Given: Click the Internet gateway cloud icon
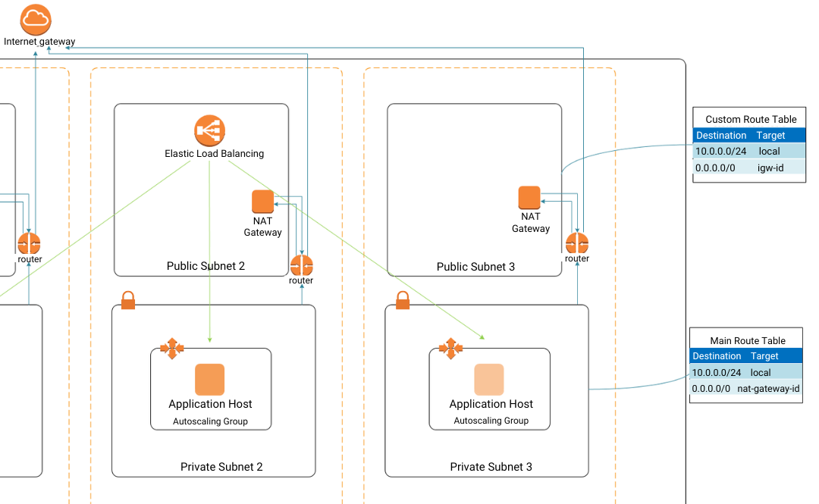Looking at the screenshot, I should pyautogui.click(x=36, y=19).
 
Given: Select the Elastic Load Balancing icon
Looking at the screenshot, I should pyautogui.click(x=209, y=130).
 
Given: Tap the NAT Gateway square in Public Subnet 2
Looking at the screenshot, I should pyautogui.click(x=262, y=202).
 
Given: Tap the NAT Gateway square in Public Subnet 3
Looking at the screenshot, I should pyautogui.click(x=529, y=198).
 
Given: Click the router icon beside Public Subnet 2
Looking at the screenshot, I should pyautogui.click(x=301, y=266).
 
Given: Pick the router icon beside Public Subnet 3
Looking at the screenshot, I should pyautogui.click(x=577, y=244).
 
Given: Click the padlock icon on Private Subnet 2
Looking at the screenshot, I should pyautogui.click(x=128, y=300).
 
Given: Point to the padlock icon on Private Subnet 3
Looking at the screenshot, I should pyautogui.click(x=403, y=300).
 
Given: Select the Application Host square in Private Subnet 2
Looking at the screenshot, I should pyautogui.click(x=210, y=380).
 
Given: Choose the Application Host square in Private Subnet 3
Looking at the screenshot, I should pyautogui.click(x=489, y=380).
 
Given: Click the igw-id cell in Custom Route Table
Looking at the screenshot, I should pyautogui.click(x=770, y=167).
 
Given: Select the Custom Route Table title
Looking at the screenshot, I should pyautogui.click(x=751, y=119).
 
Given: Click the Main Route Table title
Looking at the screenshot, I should pyautogui.click(x=748, y=341).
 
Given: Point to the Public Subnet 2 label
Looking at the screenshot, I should pyautogui.click(x=206, y=266).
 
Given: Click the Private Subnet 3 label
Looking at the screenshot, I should pyautogui.click(x=491, y=467).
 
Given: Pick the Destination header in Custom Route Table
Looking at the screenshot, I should pyautogui.click(x=721, y=136).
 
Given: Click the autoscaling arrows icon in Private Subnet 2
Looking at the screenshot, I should pyautogui.click(x=171, y=348).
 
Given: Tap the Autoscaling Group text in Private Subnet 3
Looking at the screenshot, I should pyautogui.click(x=491, y=421).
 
